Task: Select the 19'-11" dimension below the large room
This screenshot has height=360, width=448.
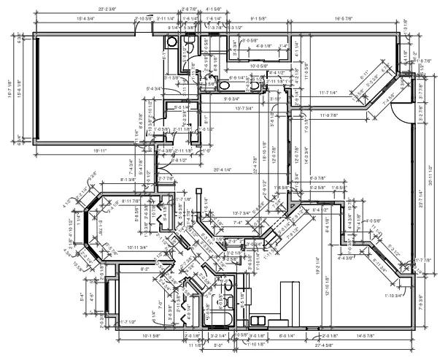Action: coord(101,150)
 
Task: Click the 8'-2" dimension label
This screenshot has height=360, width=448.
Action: coord(144,269)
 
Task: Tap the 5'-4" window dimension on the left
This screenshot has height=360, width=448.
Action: coord(81,296)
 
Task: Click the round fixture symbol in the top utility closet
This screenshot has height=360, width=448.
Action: coord(188,47)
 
